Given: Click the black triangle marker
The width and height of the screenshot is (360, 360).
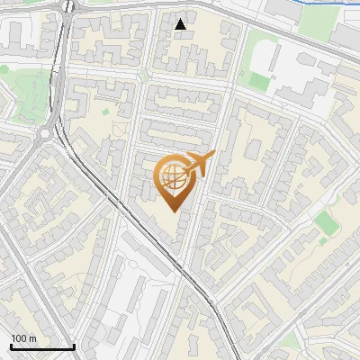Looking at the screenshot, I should (x=181, y=24).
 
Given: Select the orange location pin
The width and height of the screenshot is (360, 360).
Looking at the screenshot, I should (x=175, y=180).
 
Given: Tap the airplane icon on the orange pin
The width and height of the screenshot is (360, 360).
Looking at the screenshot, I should (x=200, y=163).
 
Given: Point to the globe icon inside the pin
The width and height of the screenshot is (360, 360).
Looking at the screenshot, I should (x=174, y=176).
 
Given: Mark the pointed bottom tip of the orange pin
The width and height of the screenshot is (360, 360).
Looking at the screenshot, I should (x=175, y=211).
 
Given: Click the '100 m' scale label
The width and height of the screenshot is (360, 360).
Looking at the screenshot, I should (x=23, y=338).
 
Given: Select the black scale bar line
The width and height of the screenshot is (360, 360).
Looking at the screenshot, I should (x=42, y=347).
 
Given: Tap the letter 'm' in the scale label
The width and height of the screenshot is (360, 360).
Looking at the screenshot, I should (x=33, y=338).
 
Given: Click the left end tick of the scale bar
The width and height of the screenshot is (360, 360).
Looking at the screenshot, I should (x=11, y=346).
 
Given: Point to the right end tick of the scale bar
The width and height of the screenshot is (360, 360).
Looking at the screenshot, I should (x=74, y=346).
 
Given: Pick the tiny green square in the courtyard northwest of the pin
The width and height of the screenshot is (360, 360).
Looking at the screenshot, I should (x=105, y=112).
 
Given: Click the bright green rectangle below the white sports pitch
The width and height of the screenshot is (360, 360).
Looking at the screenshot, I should (x=259, y=82).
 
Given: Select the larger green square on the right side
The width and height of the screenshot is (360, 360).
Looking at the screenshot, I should (x=327, y=223).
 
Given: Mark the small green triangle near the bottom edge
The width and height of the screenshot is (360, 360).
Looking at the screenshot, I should (x=288, y=341).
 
